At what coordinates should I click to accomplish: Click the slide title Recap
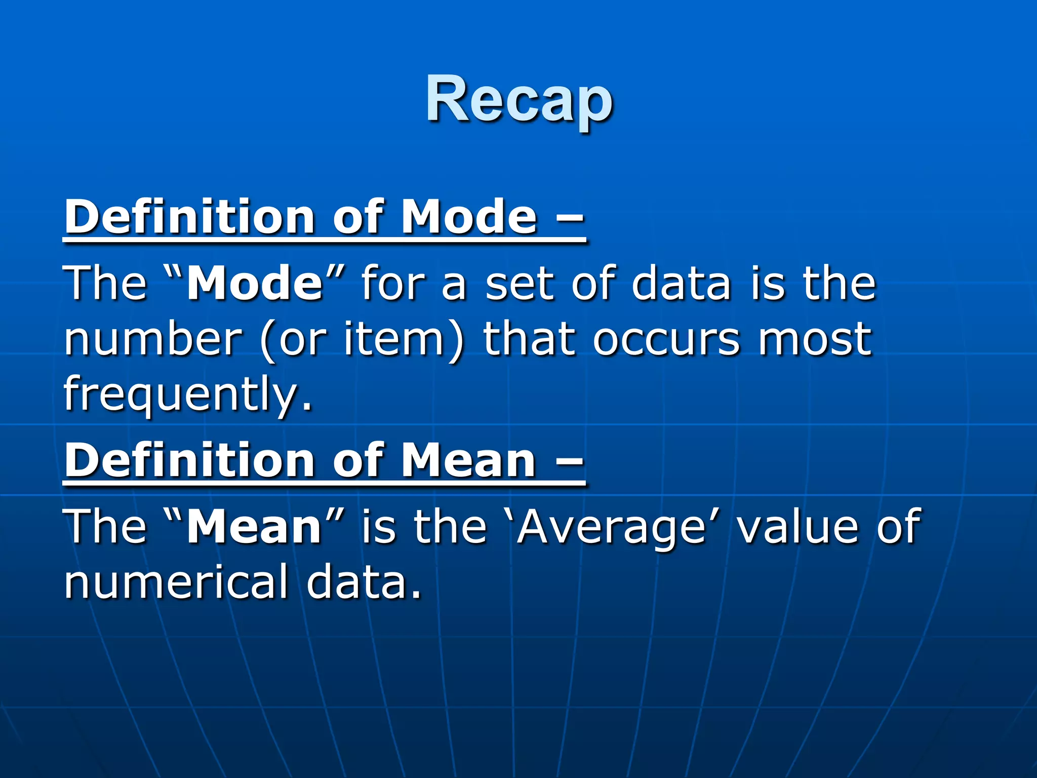point(519,99)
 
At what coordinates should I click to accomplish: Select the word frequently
point(187,394)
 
